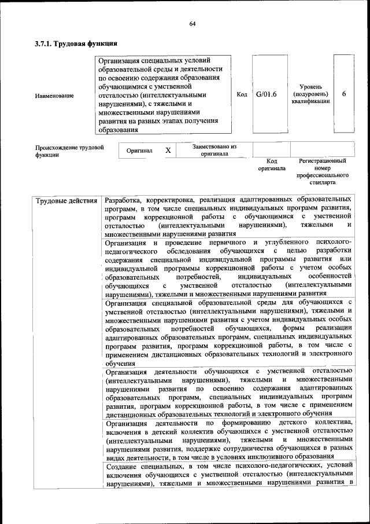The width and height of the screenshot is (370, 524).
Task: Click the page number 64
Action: coord(192,23)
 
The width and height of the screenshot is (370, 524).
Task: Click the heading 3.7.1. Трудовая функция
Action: coord(76,43)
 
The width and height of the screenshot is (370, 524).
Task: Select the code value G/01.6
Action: coord(266,94)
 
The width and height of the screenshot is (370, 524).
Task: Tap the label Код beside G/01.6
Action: coord(242,94)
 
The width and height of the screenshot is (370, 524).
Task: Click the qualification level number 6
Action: coord(344,94)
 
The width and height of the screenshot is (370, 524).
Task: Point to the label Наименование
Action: coord(54,95)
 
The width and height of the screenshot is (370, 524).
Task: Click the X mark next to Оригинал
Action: coord(168,150)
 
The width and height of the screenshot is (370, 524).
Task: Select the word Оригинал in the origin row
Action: coord(139,151)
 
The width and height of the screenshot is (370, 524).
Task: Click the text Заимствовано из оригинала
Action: coord(214,150)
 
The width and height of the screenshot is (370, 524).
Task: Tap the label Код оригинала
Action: coord(271,164)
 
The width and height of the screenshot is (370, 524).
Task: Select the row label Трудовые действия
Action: coord(66,201)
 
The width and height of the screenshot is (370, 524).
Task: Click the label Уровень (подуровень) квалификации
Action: coord(310,94)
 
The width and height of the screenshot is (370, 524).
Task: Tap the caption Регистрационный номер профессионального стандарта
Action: coord(322,171)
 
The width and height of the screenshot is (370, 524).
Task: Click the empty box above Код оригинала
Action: coord(271,149)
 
